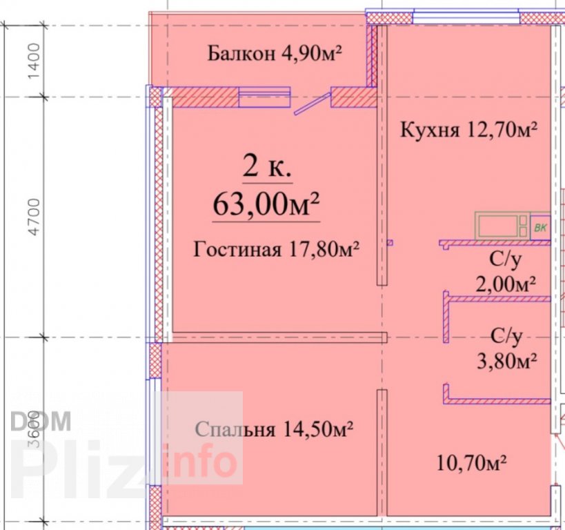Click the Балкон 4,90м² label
click(x=275, y=53)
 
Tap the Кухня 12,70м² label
click(x=469, y=129)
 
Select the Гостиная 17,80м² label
click(x=276, y=248)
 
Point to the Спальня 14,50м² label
click(x=274, y=429)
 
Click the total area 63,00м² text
click(x=266, y=204)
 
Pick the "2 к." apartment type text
click(x=267, y=166)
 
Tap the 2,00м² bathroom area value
click(x=506, y=284)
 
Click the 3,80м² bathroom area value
click(x=507, y=360)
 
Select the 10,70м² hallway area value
click(x=472, y=462)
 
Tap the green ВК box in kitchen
click(x=540, y=228)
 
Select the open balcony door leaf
click(x=313, y=104)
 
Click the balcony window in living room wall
click(x=264, y=97)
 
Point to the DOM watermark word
click(x=41, y=421)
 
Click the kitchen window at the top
click(x=466, y=17)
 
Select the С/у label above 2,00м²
click(x=506, y=259)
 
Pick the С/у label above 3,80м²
click(x=506, y=337)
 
